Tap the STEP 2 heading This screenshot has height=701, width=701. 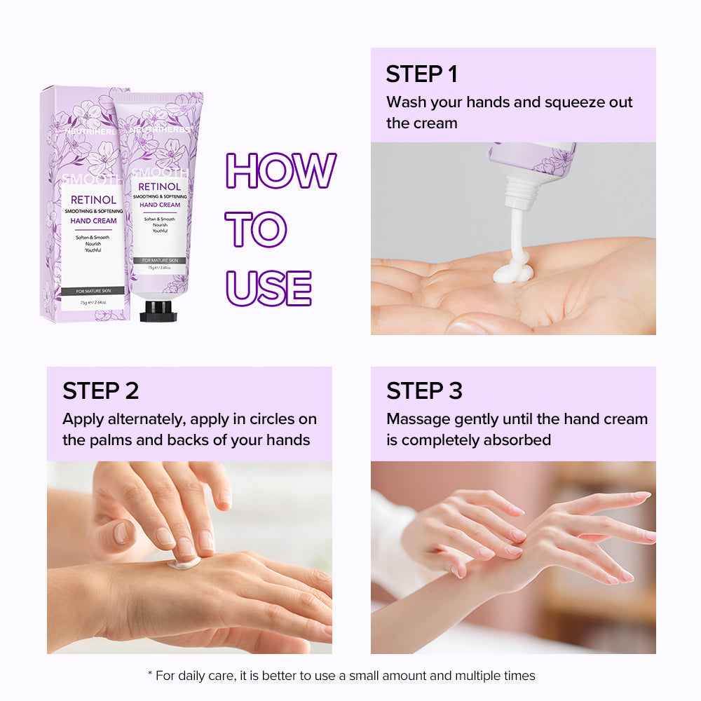[x=101, y=390]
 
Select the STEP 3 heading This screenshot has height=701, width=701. [x=425, y=390]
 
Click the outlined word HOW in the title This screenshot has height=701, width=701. [x=280, y=170]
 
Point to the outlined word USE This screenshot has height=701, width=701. [x=268, y=287]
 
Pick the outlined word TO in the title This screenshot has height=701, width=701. [x=256, y=229]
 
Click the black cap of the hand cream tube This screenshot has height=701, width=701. [x=158, y=311]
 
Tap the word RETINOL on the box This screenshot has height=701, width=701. [x=93, y=200]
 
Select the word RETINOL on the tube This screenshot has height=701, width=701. [x=160, y=186]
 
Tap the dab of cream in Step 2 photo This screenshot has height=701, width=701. [x=184, y=562]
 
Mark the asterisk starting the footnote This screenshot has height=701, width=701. [x=149, y=676]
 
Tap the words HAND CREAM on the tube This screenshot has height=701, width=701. [x=160, y=205]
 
